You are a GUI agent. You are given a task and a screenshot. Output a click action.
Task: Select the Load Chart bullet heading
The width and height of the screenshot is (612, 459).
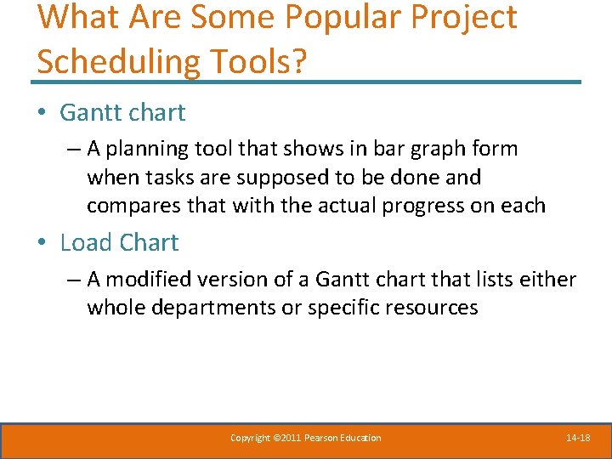(x=119, y=242)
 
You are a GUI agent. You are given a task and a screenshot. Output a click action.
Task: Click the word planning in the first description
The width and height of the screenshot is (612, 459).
(x=160, y=149)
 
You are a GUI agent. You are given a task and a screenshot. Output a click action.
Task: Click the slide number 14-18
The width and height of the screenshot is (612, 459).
(x=578, y=438)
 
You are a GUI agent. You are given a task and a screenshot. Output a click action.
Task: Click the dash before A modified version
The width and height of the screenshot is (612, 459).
(x=72, y=280)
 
